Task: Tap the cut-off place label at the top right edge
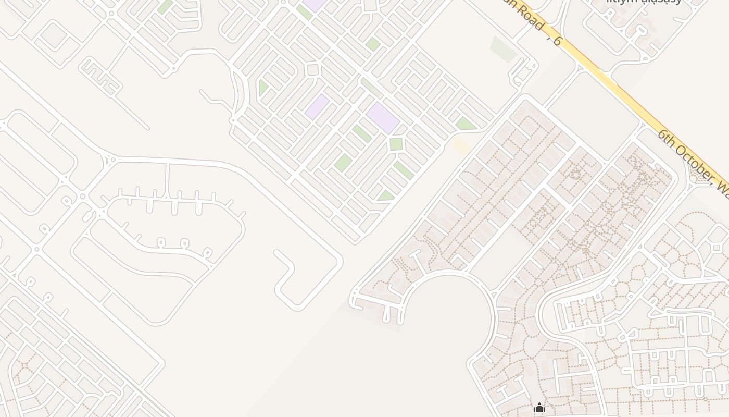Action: point(644,2)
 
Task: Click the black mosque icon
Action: point(539,408)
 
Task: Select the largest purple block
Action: point(382,117)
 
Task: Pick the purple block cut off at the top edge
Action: point(315,5)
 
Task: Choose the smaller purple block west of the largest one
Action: point(317,106)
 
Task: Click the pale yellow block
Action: point(461,145)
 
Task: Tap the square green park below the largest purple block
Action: point(396,144)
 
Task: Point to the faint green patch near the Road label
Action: point(503,49)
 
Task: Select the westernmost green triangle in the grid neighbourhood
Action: point(262,88)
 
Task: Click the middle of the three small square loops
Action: point(184,243)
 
